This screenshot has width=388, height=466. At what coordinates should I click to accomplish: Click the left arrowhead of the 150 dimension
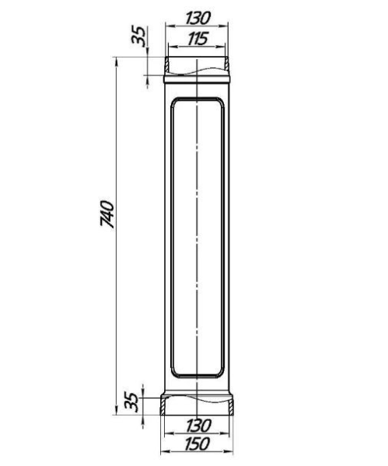point(164,452)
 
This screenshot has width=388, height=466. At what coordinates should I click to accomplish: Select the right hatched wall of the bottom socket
point(234,407)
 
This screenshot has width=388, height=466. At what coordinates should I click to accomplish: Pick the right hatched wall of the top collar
point(229,64)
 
